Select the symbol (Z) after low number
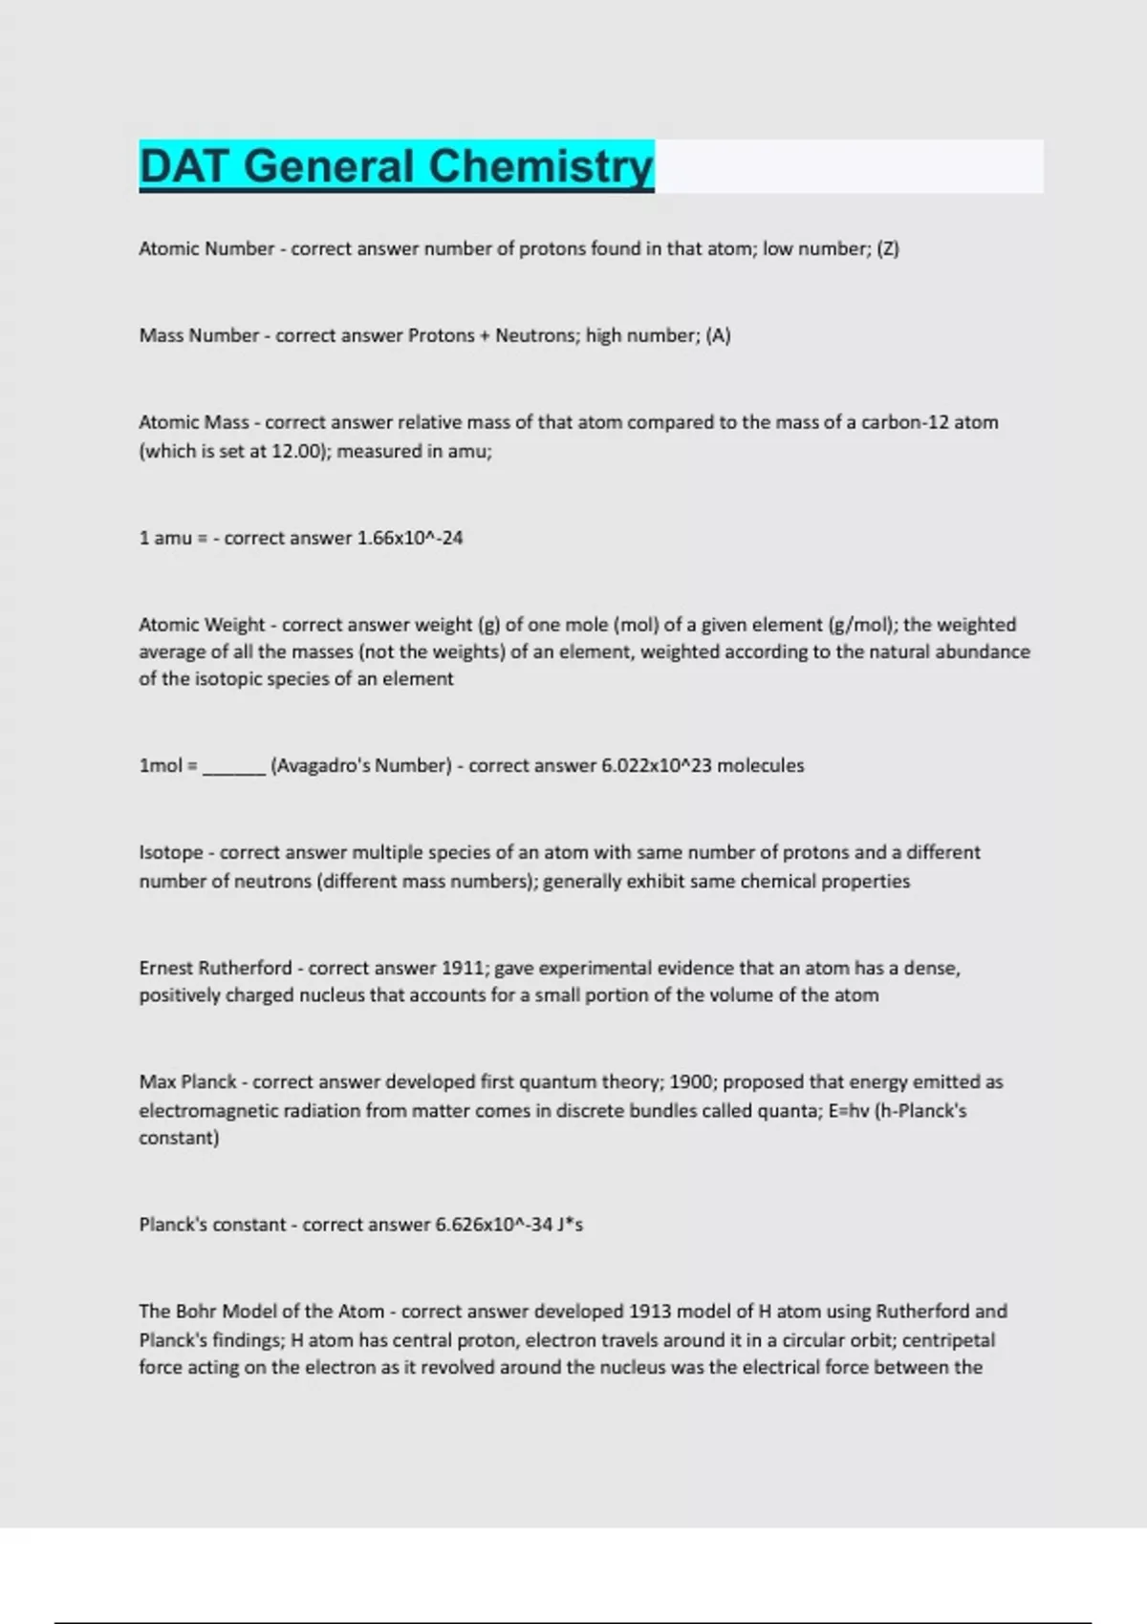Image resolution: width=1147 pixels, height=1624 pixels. pos(888,248)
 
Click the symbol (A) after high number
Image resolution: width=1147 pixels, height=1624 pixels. pos(719,335)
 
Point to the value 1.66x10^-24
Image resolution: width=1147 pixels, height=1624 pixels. pos(410,538)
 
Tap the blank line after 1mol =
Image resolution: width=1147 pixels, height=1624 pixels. pos(234,767)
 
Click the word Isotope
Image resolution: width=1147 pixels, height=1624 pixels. pos(171,852)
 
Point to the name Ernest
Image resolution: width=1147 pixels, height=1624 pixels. pos(165,968)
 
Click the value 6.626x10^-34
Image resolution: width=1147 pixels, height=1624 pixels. pos(494,1225)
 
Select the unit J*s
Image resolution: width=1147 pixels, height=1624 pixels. pos(571,1225)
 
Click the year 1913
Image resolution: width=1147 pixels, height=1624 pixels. pos(651,1311)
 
